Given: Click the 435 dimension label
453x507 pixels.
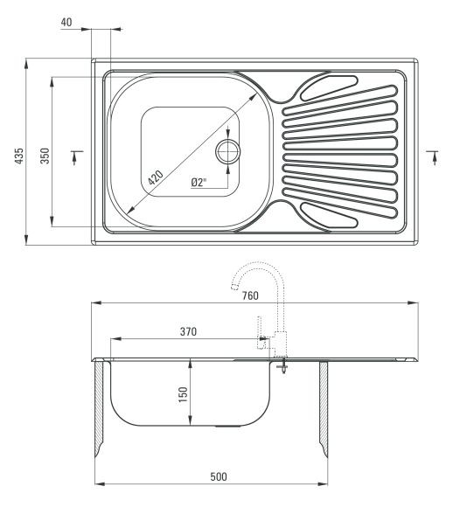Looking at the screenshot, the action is tap(19, 156).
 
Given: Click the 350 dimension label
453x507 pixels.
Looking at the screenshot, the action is tap(45, 156).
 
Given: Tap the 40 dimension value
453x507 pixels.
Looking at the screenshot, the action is tap(66, 23).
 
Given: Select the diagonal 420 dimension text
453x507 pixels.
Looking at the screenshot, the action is tap(156, 177).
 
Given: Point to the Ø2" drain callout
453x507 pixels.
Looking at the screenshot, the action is tap(199, 183).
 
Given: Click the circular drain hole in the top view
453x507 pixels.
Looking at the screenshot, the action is tap(227, 151).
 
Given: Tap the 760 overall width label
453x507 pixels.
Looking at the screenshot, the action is tap(250, 295).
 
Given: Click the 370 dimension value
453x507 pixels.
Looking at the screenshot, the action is tap(188, 331).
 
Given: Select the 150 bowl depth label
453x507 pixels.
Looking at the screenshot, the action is tap(183, 394).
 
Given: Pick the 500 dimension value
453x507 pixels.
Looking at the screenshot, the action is tap(219, 476).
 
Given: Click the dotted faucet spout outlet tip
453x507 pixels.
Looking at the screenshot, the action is tap(233, 286).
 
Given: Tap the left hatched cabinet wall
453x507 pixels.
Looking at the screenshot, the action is tap(99, 408).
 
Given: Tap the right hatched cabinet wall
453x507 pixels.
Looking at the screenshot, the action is tap(324, 408).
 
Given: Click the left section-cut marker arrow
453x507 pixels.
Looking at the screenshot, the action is tap(75, 157).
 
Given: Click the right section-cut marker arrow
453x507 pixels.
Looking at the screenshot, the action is tap(435, 157).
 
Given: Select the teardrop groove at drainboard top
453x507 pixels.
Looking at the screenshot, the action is tap(329, 87).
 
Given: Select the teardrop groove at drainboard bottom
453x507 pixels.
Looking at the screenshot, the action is tap(329, 215).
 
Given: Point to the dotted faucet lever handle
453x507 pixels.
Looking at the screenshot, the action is tap(259, 333).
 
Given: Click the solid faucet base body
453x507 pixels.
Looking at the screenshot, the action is tap(280, 344).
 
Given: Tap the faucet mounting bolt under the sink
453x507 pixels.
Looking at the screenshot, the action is tap(283, 365).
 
